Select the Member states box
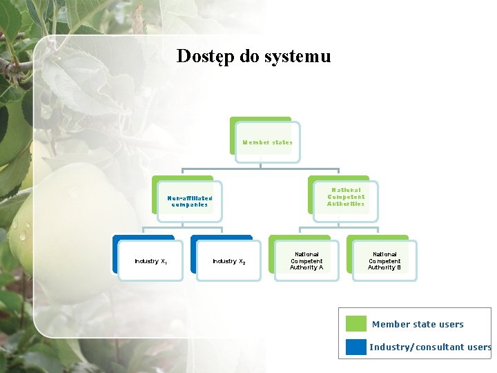[x=267, y=142]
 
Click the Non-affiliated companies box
[x=189, y=201]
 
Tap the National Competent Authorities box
[x=345, y=197]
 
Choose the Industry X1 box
[x=150, y=261]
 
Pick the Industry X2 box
[x=228, y=261]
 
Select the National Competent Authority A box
[x=306, y=260]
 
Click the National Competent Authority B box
[x=384, y=260]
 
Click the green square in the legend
[x=356, y=324]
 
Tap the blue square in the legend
[x=356, y=347]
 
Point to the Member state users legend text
[x=418, y=325]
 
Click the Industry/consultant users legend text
[x=430, y=347]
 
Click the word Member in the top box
[x=255, y=142]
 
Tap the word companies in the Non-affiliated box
[x=189, y=205]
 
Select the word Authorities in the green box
[x=345, y=204]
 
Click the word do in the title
[x=250, y=56]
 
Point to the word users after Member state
[x=451, y=325]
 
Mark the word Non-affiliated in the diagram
[x=189, y=198]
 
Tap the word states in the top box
[x=282, y=142]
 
